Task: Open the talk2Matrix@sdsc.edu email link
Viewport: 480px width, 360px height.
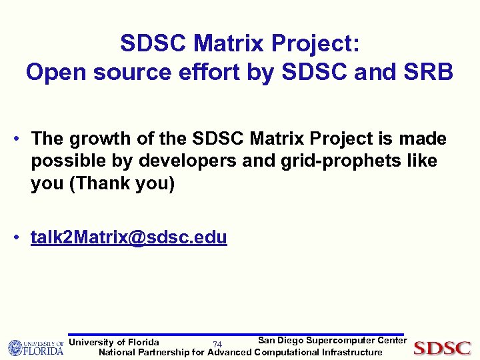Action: click(129, 237)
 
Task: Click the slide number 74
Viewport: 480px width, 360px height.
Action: click(217, 345)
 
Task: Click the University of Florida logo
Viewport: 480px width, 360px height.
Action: click(35, 347)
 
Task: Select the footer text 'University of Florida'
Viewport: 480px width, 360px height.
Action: click(114, 343)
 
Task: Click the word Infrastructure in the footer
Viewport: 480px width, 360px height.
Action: click(352, 352)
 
